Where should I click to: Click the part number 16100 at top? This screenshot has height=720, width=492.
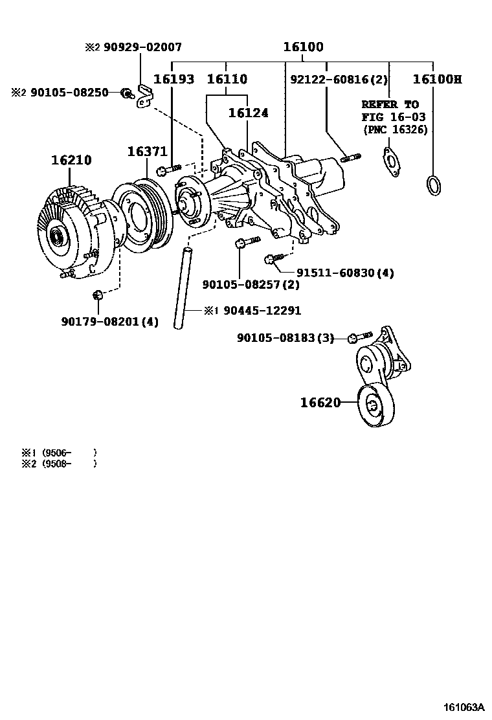pyautogui.click(x=303, y=47)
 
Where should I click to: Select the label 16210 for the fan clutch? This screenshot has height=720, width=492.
pyautogui.click(x=71, y=159)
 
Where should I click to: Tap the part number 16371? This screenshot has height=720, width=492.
pyautogui.click(x=147, y=151)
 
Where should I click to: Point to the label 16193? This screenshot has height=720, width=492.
pyautogui.click(x=173, y=80)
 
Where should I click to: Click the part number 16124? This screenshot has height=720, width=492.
pyautogui.click(x=248, y=112)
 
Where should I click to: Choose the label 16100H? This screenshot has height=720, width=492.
pyautogui.click(x=438, y=80)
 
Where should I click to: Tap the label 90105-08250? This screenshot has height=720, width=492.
pyautogui.click(x=67, y=93)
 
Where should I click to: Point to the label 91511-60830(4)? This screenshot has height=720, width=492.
pyautogui.click(x=345, y=273)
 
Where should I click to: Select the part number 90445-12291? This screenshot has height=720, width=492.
pyautogui.click(x=262, y=311)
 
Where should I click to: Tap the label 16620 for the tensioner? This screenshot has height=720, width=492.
pyautogui.click(x=320, y=403)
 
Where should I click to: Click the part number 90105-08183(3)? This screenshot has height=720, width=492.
pyautogui.click(x=285, y=337)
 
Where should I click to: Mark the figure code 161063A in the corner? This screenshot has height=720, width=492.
pyautogui.click(x=464, y=706)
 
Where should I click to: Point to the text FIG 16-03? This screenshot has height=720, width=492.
pyautogui.click(x=390, y=117)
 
